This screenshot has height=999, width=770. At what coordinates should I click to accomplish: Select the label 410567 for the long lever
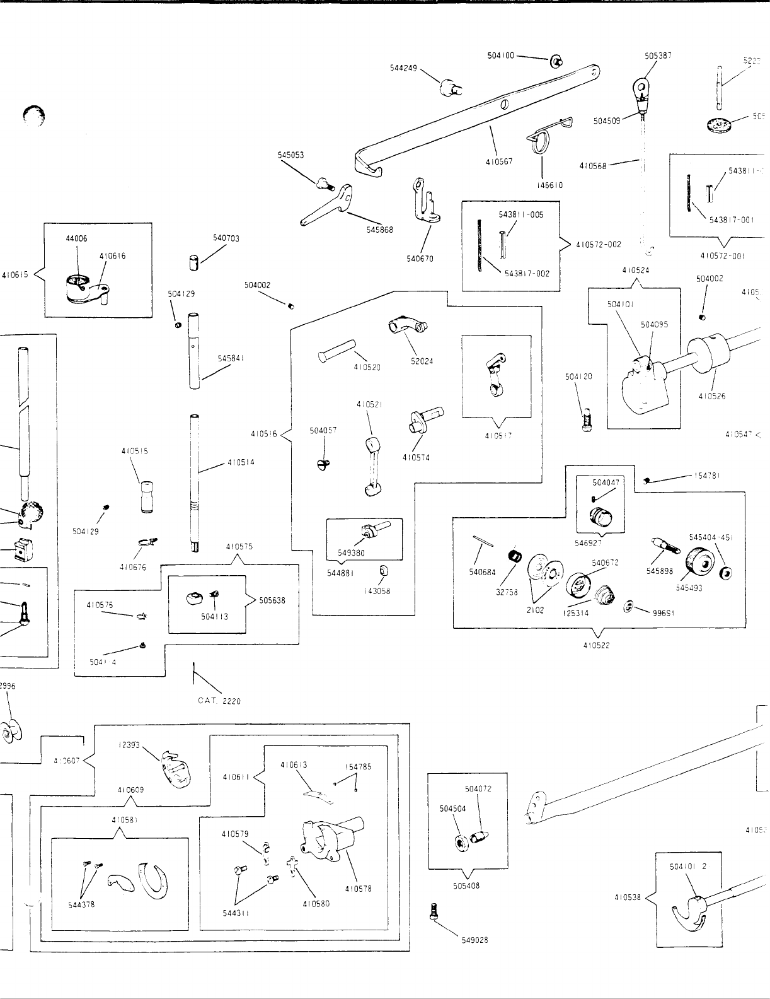click(x=499, y=161)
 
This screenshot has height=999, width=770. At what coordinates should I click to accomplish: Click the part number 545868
click(x=380, y=230)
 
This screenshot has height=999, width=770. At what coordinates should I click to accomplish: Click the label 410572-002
click(x=599, y=245)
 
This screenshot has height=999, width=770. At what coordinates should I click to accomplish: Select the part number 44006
click(x=77, y=238)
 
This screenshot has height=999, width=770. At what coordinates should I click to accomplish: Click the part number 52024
click(x=422, y=361)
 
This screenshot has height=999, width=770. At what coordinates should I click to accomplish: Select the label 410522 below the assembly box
click(x=597, y=645)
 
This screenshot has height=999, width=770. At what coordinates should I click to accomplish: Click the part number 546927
click(x=588, y=542)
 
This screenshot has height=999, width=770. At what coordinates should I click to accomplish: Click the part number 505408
click(x=466, y=885)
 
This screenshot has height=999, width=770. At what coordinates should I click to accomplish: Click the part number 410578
click(x=358, y=889)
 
